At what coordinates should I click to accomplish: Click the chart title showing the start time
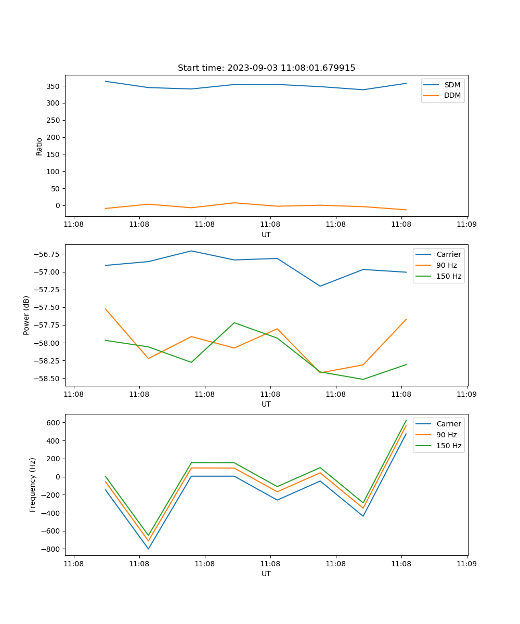tap(266, 68)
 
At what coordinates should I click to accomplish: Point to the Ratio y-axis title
tap(40, 146)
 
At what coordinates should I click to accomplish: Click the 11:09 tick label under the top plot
tap(466, 225)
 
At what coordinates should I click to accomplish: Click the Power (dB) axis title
tap(27, 315)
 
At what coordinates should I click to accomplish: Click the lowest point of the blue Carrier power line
tap(320, 286)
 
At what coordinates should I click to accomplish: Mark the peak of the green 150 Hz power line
tap(235, 323)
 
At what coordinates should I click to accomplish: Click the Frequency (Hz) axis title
tap(33, 485)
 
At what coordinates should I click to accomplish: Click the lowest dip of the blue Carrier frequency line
tap(148, 549)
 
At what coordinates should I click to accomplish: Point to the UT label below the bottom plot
tap(266, 574)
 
